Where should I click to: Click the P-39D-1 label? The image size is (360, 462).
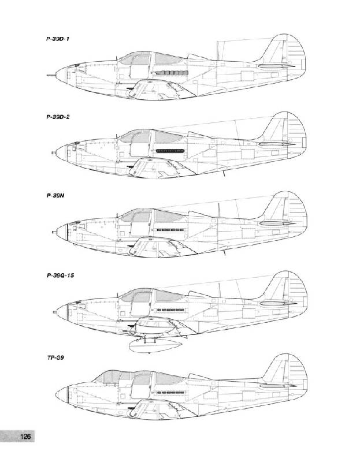[x=57, y=39]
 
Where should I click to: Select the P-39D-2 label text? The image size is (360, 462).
[x=58, y=117]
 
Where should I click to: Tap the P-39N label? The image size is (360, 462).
[x=55, y=196]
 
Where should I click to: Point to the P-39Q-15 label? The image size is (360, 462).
[x=61, y=275]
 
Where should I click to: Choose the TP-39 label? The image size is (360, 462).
[x=55, y=357]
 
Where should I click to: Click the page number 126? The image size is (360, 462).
[x=25, y=436]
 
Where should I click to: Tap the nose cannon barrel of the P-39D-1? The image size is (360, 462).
[x=51, y=76]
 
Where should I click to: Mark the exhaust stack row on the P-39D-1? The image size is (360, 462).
[x=171, y=73]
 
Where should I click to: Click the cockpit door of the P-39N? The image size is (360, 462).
[x=141, y=224]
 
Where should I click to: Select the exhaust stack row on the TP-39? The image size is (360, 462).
[x=170, y=393]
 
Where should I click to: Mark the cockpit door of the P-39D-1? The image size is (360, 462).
[x=140, y=66]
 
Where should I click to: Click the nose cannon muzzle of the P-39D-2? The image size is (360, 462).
[x=53, y=152]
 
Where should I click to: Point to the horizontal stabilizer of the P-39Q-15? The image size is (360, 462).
[x=277, y=303]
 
